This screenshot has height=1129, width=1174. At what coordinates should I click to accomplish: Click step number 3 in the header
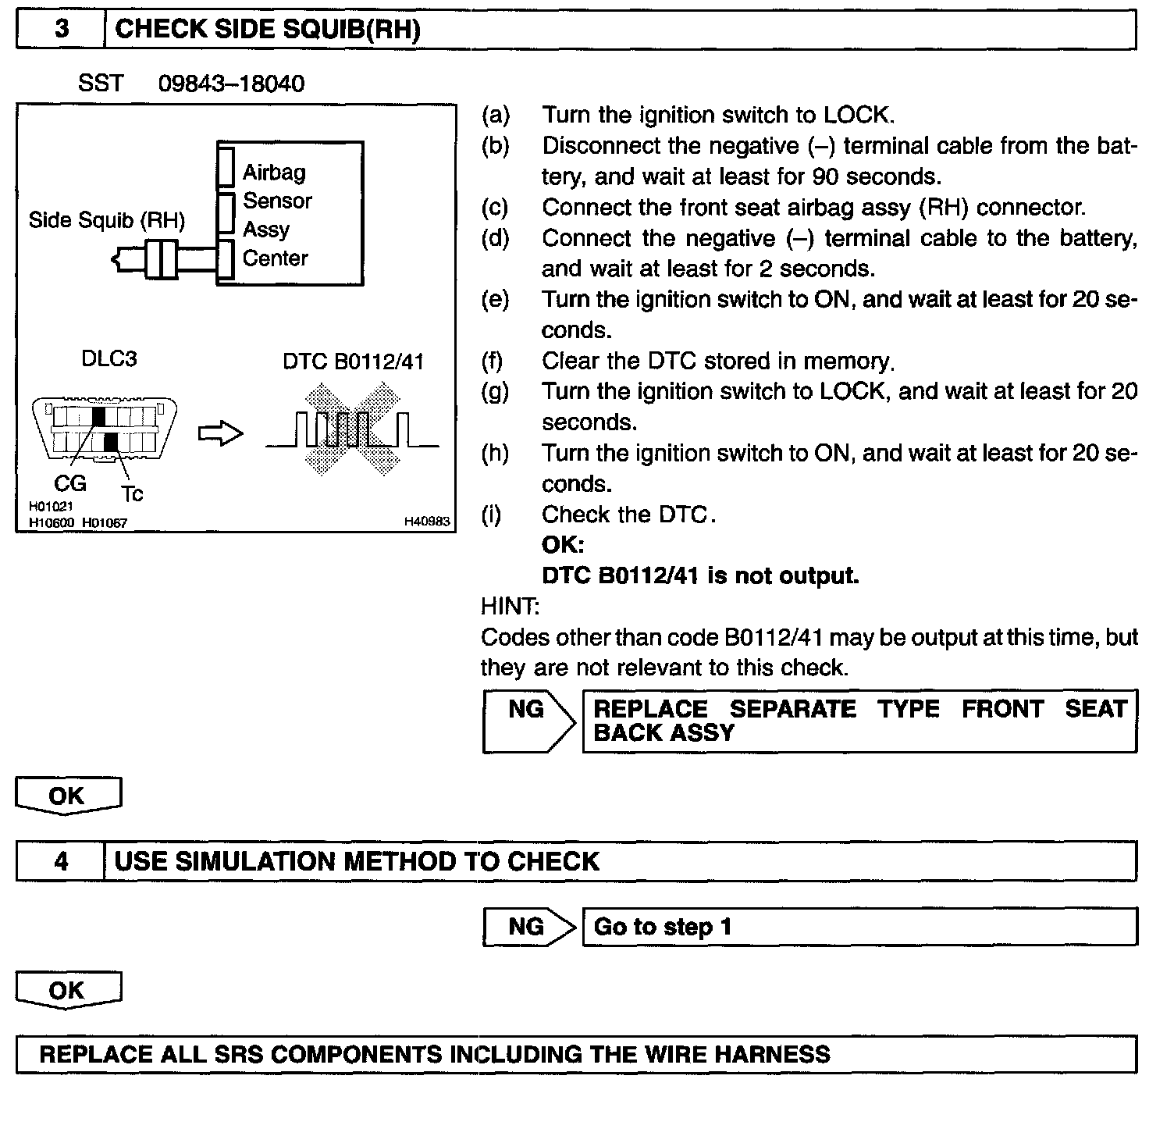pyautogui.click(x=61, y=30)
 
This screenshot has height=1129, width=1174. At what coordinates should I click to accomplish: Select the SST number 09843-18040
pyautogui.click(x=231, y=84)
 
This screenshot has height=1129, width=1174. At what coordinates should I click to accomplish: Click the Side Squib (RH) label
pyautogui.click(x=106, y=220)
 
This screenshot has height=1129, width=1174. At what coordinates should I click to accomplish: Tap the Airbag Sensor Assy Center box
pyautogui.click(x=290, y=214)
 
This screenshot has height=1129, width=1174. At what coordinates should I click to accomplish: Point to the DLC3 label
pyautogui.click(x=109, y=358)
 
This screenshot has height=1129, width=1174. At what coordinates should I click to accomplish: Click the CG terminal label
pyautogui.click(x=69, y=483)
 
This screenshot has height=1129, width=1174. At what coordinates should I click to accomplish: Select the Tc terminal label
pyautogui.click(x=132, y=493)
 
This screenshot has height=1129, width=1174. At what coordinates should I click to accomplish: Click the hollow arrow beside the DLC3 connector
pyautogui.click(x=221, y=434)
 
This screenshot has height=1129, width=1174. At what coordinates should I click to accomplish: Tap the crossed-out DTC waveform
pyautogui.click(x=351, y=429)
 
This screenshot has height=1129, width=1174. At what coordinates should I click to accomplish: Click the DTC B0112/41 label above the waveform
pyautogui.click(x=353, y=361)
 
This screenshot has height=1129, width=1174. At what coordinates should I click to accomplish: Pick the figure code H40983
pyautogui.click(x=427, y=522)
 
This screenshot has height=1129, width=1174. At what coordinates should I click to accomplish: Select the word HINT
pyautogui.click(x=510, y=606)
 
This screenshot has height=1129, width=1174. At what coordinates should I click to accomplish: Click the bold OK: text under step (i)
pyautogui.click(x=563, y=545)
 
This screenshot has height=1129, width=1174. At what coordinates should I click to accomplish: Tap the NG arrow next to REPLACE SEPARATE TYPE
pyautogui.click(x=528, y=720)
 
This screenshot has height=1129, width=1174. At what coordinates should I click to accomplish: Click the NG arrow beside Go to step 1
pyautogui.click(x=528, y=927)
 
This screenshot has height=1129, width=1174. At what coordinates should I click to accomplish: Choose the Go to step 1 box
pyautogui.click(x=859, y=927)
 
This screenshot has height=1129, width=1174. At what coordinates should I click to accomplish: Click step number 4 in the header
pyautogui.click(x=61, y=861)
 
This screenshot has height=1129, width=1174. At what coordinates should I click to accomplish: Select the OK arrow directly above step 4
pyautogui.click(x=68, y=796)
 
